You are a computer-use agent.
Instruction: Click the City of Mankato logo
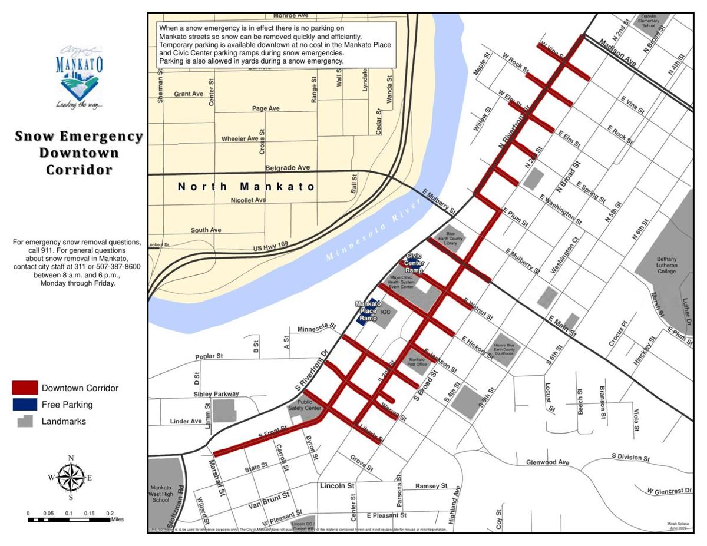[x=78, y=77]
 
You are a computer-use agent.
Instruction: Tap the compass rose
[x=71, y=477]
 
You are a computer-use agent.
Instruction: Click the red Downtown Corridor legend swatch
[x=25, y=388]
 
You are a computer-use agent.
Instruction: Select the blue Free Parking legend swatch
[x=25, y=405]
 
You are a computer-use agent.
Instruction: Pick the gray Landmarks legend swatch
[x=25, y=421]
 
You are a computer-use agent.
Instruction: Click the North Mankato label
[x=247, y=187]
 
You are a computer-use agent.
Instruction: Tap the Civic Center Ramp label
[x=414, y=263]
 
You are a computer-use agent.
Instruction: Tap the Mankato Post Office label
[x=417, y=362]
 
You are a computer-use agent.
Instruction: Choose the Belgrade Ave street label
[x=288, y=168]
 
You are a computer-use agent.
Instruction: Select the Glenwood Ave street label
[x=548, y=462]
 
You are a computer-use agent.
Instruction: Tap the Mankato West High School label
[x=160, y=494]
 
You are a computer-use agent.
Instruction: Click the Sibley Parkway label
[x=216, y=394]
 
